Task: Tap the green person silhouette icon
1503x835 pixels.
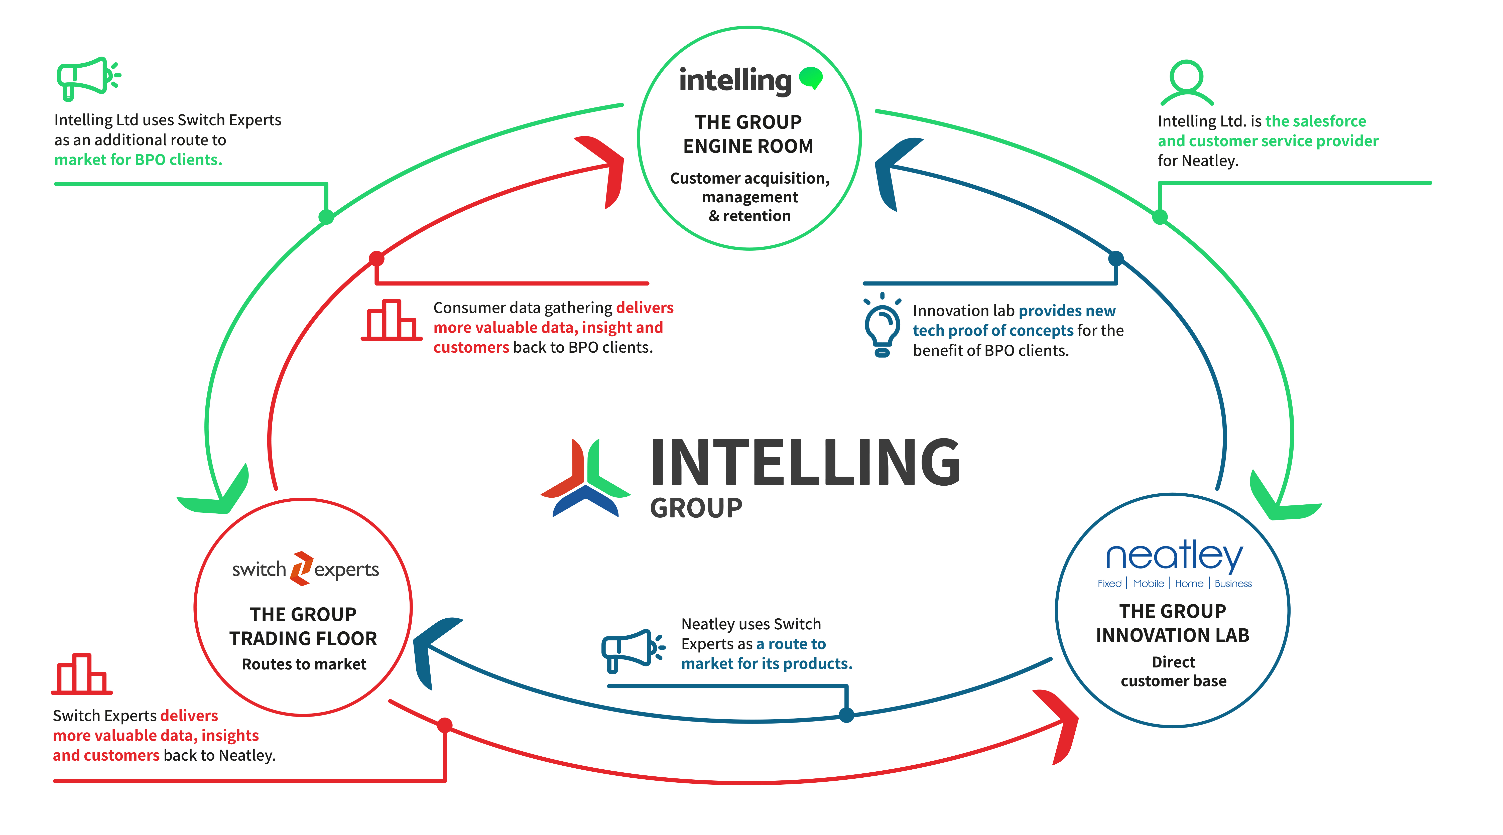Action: [x=1187, y=83]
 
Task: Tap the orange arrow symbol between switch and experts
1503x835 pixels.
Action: [x=301, y=568]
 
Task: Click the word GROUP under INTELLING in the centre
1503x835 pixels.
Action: [x=696, y=508]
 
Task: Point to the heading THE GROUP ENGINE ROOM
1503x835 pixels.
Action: [x=748, y=134]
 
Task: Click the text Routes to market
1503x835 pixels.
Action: [x=304, y=664]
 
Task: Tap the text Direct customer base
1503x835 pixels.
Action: [x=1173, y=671]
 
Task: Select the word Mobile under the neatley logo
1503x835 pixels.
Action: [x=1148, y=584]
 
